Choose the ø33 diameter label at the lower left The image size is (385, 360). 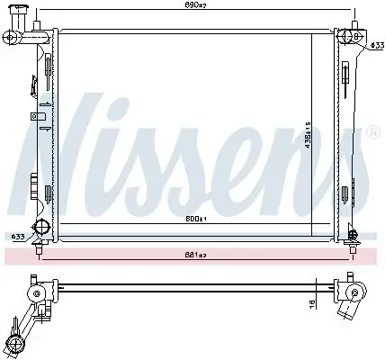click(x=16, y=237)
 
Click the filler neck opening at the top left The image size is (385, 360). click(x=12, y=36)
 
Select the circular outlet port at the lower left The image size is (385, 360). click(x=40, y=226)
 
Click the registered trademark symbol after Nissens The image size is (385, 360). click(x=372, y=133)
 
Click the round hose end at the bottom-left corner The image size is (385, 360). click(x=15, y=343)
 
